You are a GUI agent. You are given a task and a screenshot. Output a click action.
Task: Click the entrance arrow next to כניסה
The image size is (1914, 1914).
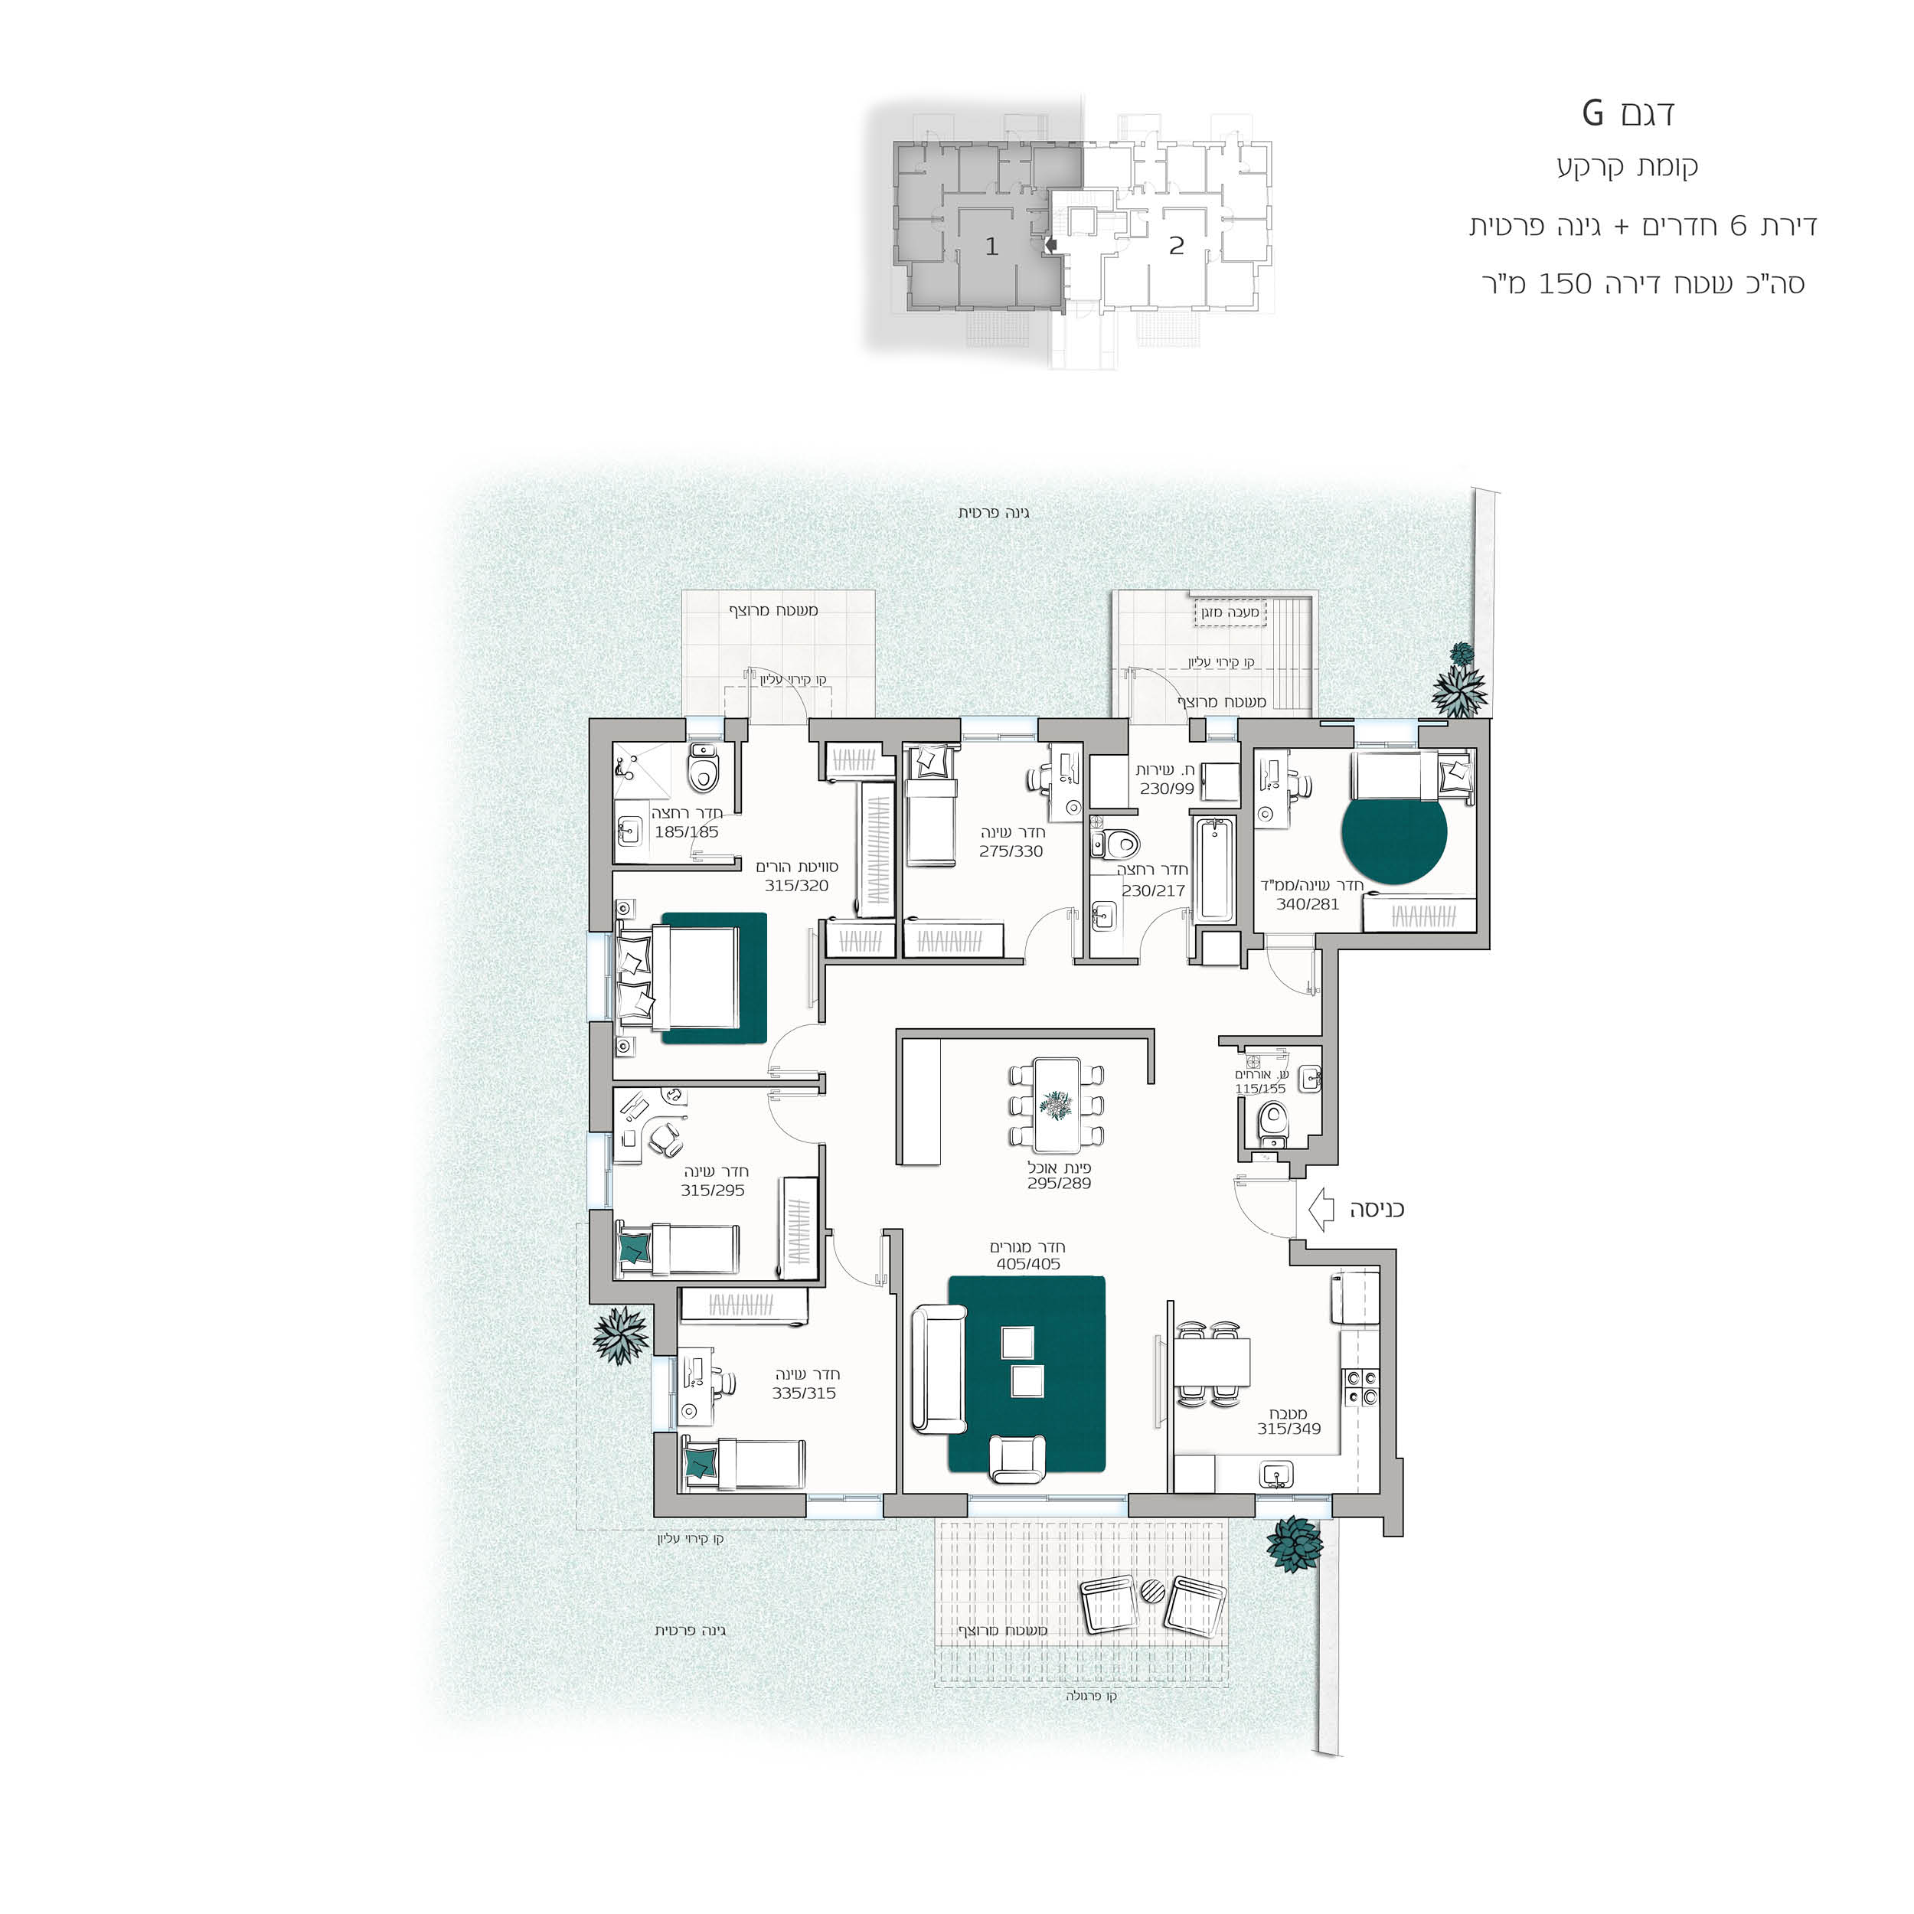(1321, 1210)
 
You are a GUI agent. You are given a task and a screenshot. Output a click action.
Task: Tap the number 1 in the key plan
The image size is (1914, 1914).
(991, 246)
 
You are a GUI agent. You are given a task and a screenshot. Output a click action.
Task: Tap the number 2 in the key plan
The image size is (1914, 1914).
(1176, 245)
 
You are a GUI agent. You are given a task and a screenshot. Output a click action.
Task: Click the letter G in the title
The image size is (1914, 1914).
(1592, 113)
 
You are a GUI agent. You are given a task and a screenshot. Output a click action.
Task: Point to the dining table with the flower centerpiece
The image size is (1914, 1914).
(1056, 1105)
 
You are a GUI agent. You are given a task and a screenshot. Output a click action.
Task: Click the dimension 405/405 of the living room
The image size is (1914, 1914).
(1028, 1264)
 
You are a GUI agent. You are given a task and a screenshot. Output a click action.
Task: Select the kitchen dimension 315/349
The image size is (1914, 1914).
(1289, 1429)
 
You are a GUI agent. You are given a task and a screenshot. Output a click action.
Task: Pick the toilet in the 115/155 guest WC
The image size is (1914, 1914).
(1271, 1126)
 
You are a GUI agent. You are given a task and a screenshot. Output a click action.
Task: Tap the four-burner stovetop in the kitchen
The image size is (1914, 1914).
(1360, 1386)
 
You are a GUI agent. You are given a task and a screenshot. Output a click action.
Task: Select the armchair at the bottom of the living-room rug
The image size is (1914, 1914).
(1017, 1458)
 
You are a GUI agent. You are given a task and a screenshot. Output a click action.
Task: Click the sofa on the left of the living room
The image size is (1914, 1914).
(938, 1369)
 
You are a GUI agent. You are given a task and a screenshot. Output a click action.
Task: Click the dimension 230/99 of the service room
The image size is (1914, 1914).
(1167, 789)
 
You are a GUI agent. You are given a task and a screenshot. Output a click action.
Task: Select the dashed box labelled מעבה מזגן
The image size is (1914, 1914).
(1230, 612)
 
